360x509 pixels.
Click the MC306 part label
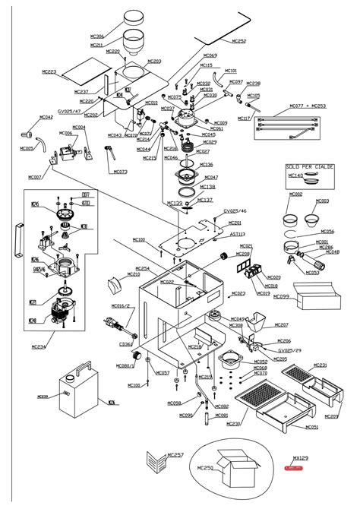[x=97, y=36]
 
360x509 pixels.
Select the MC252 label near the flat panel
[x=238, y=41]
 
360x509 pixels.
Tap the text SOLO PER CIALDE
[x=304, y=166]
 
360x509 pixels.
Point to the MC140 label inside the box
[x=295, y=175]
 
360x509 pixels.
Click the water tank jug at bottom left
[x=76, y=387]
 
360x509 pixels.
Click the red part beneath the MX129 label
[x=293, y=469]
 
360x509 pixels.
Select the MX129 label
[x=301, y=458]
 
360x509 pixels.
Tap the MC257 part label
[x=175, y=454]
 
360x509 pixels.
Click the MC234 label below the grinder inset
[x=39, y=346]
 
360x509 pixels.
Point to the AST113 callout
[x=238, y=234]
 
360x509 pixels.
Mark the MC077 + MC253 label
[x=308, y=106]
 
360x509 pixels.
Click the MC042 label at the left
[x=46, y=117]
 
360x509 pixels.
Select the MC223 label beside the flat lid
[x=49, y=71]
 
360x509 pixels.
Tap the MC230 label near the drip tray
[x=233, y=423]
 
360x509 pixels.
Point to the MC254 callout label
[x=143, y=268]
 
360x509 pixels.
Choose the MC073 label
[x=120, y=172]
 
